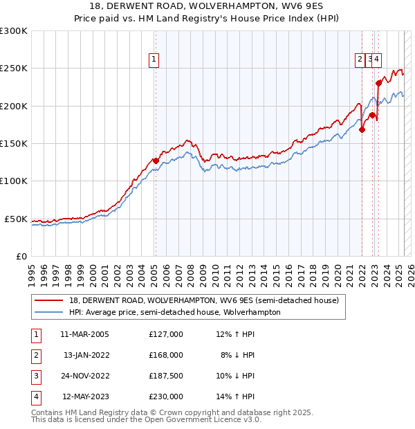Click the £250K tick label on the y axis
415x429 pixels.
click(x=14, y=69)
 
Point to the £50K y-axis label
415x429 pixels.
click(x=17, y=219)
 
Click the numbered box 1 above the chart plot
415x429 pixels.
click(x=153, y=60)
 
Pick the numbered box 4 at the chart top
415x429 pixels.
click(x=377, y=60)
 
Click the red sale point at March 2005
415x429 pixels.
click(x=156, y=161)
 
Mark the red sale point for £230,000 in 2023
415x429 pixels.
click(x=378, y=83)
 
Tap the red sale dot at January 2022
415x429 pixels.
click(x=362, y=129)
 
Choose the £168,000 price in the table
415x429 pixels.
click(x=166, y=355)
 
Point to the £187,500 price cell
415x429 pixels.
click(x=166, y=376)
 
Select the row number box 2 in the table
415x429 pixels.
click(x=35, y=355)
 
